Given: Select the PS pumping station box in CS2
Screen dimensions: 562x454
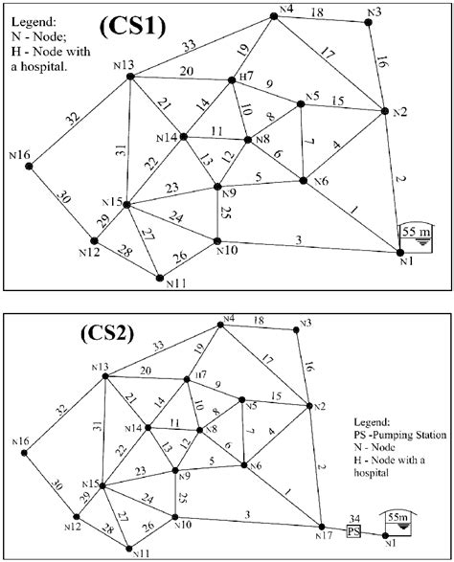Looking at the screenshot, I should [353, 529].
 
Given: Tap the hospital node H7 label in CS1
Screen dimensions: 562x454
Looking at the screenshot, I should [246, 75].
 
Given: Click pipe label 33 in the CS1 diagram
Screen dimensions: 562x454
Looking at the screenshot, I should [190, 45].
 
